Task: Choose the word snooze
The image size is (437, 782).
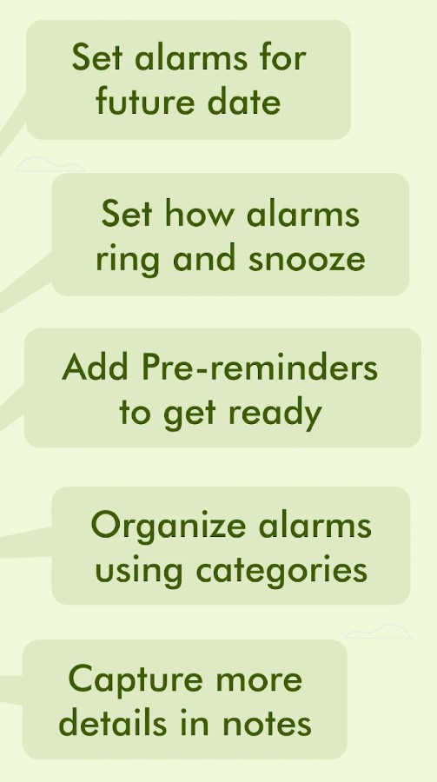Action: coord(307,258)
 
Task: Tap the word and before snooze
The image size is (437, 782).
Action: coord(204,258)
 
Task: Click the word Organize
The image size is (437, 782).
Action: coord(169,527)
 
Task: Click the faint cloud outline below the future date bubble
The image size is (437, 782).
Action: coord(50,164)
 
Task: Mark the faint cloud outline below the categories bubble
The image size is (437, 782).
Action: coord(378,631)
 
